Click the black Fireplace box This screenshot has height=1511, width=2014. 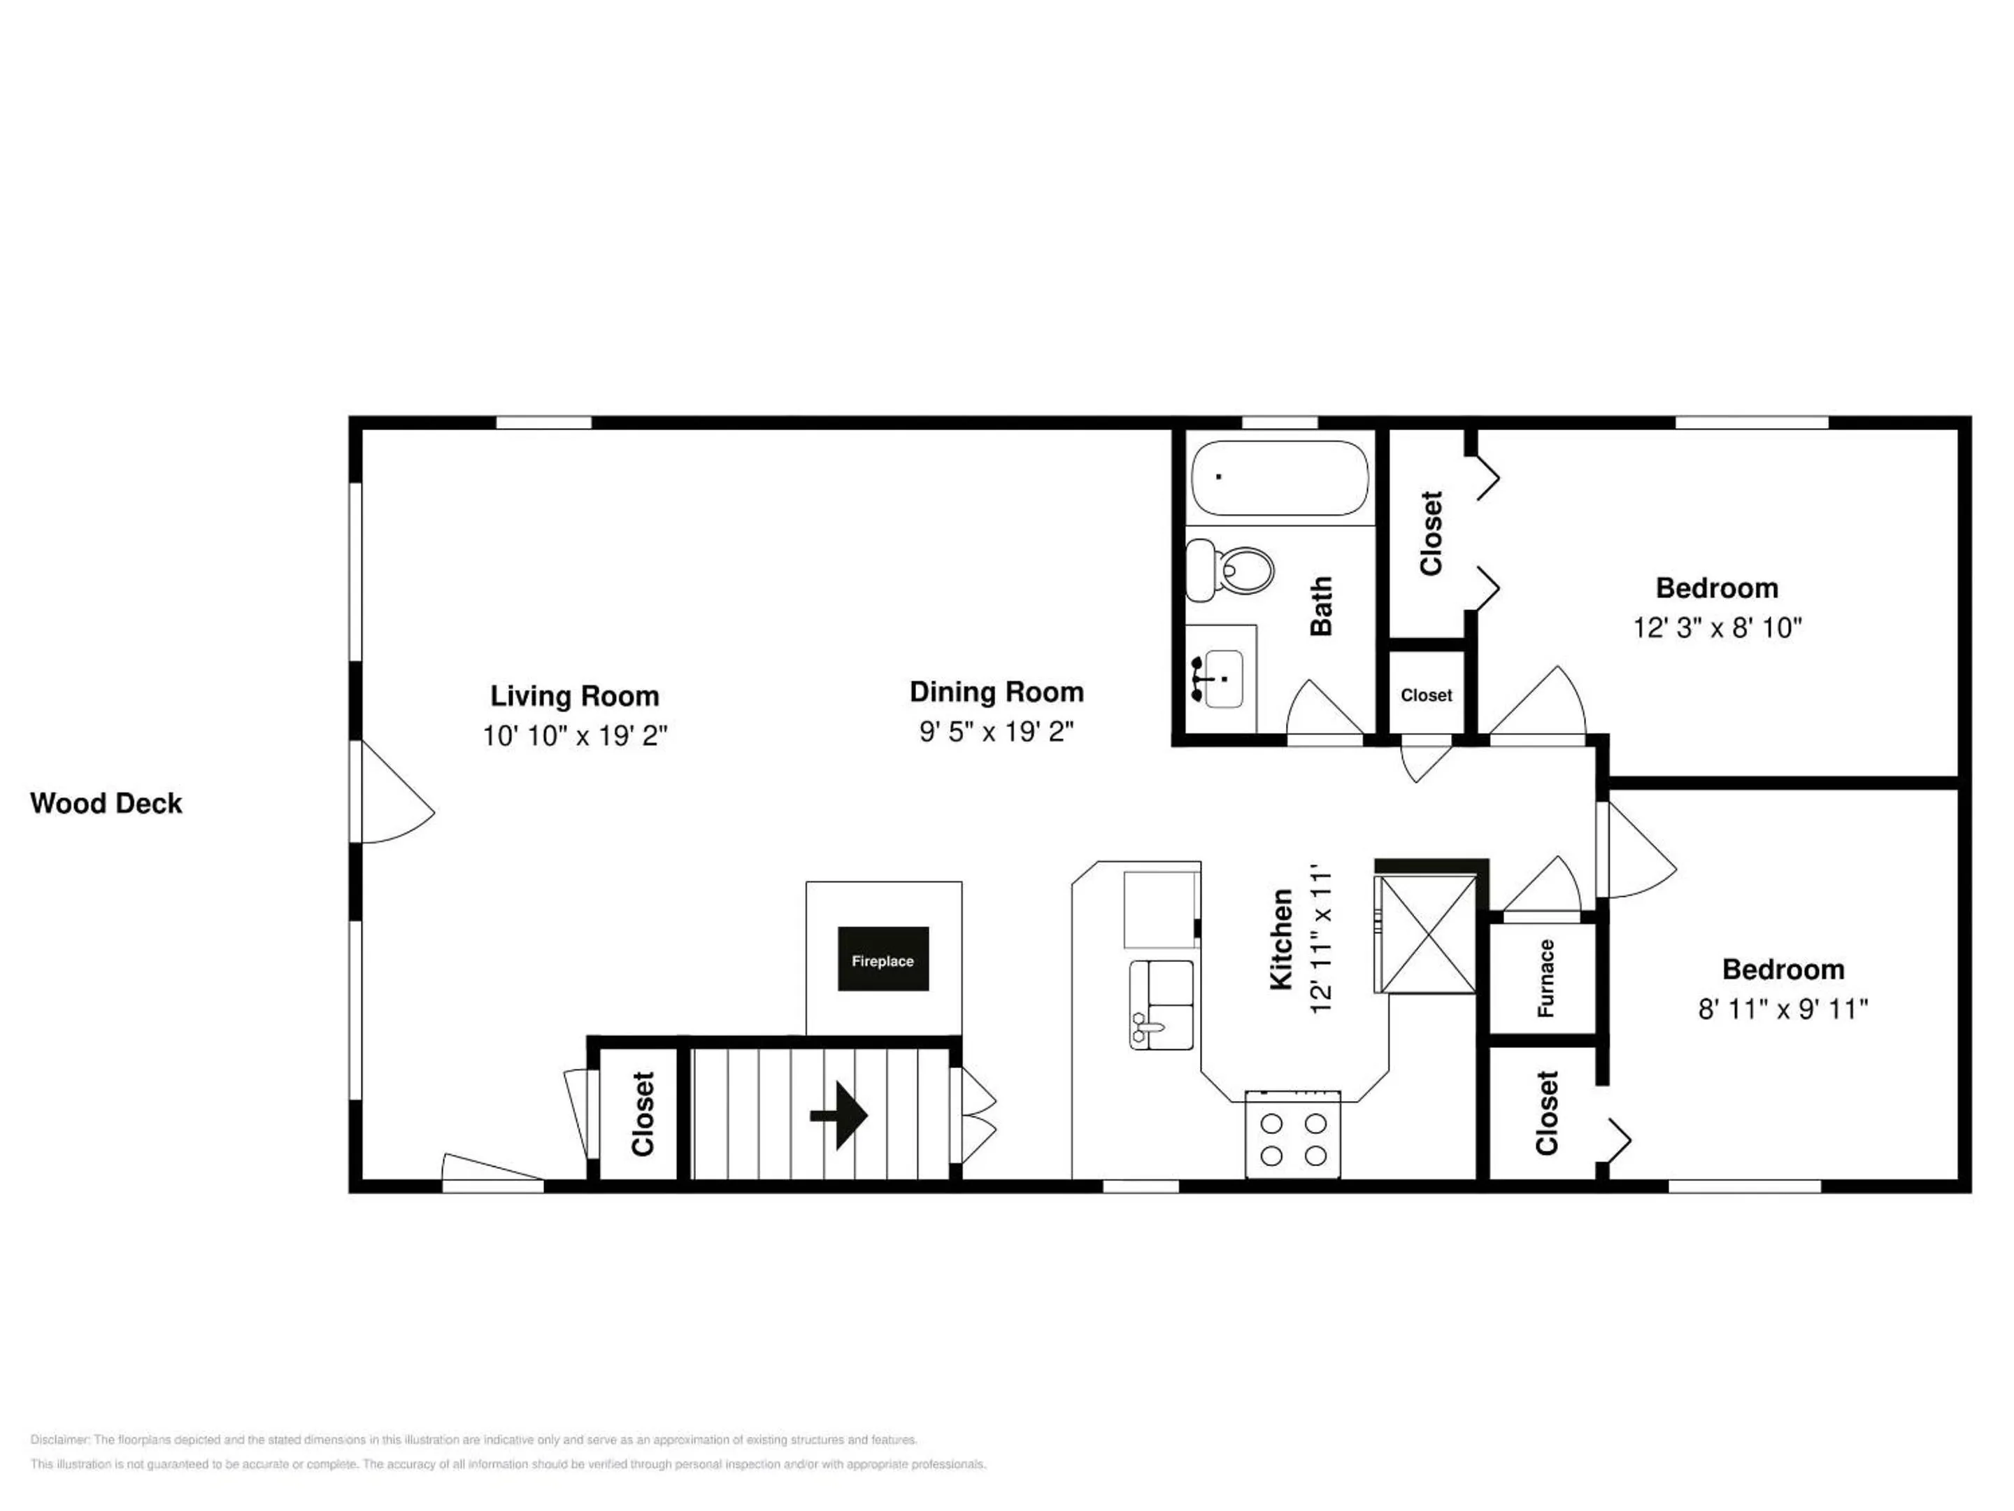coord(883,958)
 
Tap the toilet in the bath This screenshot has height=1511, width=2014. coord(1229,569)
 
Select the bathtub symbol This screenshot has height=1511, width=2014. coord(1279,478)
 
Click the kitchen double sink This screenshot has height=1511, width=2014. coord(1162,1005)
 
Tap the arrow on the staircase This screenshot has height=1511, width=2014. coord(838,1116)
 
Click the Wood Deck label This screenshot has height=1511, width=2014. coord(106,803)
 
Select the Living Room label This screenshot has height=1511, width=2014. coord(575,696)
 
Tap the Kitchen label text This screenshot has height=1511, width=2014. coord(1281,940)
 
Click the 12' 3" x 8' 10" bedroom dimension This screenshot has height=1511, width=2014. coord(1717,627)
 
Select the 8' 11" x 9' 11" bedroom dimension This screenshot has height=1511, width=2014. coord(1783,1009)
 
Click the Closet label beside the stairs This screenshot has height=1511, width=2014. coord(643,1114)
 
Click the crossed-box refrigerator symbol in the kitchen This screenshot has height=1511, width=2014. coord(1425,934)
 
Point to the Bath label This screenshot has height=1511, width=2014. coord(1321,606)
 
